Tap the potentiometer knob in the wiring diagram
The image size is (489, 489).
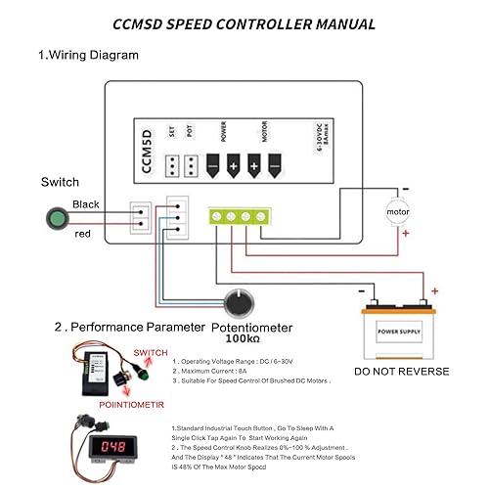pyautogui.click(x=237, y=301)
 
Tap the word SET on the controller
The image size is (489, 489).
pyautogui.click(x=171, y=133)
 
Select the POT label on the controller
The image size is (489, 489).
pyautogui.click(x=191, y=133)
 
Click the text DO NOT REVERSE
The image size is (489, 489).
pyautogui.click(x=402, y=372)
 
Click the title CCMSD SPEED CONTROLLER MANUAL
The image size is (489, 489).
pyautogui.click(x=244, y=22)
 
